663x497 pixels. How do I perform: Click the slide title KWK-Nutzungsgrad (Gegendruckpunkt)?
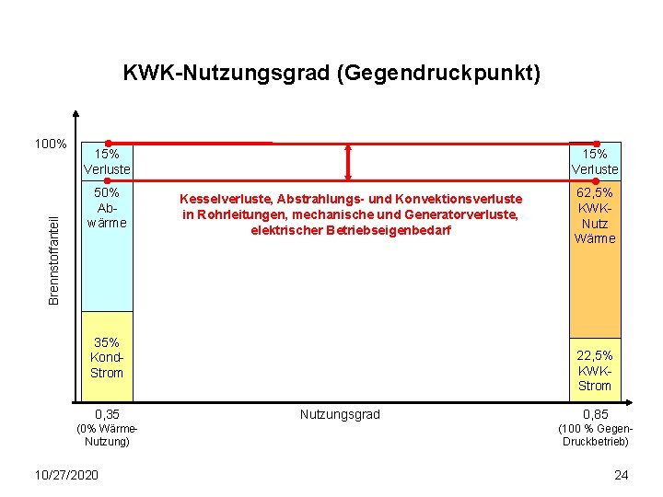click(x=331, y=73)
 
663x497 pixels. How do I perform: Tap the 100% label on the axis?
click(x=50, y=144)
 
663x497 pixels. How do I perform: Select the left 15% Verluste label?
click(x=107, y=162)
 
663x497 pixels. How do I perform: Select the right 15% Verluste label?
click(x=595, y=162)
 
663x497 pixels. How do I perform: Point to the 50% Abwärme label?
click(x=107, y=208)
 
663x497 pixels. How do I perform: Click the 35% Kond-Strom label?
click(x=107, y=357)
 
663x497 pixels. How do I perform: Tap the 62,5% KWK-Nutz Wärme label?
click(x=595, y=215)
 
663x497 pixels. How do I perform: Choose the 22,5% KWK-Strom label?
click(x=595, y=370)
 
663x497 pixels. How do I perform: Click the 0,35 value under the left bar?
click(x=107, y=415)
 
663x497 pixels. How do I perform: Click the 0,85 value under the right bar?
click(x=595, y=415)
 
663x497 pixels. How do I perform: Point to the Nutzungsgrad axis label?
click(x=340, y=415)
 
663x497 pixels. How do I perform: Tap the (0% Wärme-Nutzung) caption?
click(x=107, y=434)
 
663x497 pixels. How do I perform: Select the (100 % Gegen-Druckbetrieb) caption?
click(x=596, y=434)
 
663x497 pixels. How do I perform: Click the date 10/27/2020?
click(x=65, y=474)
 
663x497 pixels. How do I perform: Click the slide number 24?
click(x=621, y=475)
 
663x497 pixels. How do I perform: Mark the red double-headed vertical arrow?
click(x=348, y=162)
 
